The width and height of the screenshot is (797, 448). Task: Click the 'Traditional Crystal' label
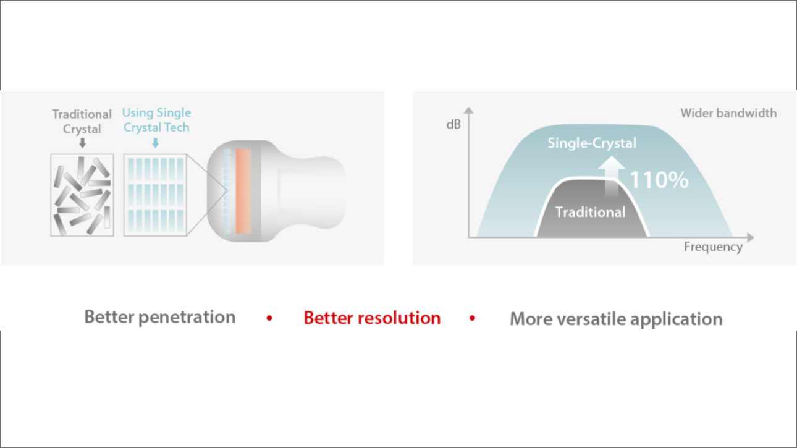pos(82,121)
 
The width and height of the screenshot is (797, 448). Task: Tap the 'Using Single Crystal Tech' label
pos(156,120)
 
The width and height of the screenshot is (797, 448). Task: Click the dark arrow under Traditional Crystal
pos(83,143)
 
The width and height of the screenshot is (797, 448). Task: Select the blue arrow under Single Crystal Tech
pos(156,143)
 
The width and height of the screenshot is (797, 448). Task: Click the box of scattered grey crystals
pos(82,195)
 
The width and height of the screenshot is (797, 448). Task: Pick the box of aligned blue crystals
pos(155,195)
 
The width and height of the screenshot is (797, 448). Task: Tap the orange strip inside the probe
pos(243,191)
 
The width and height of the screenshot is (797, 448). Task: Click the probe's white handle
pos(310,191)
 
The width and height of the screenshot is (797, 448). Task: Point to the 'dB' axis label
pos(453,125)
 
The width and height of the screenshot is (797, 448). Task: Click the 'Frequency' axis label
pos(713,247)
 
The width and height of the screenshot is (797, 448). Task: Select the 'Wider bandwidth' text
pos(728,113)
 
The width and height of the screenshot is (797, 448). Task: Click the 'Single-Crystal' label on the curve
pos(592,143)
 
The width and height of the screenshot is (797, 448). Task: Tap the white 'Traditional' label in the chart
pos(590,212)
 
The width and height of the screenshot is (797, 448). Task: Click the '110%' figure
pos(659,180)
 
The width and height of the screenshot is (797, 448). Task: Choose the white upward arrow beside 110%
pos(611,176)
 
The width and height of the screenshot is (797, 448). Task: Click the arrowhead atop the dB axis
pos(469,111)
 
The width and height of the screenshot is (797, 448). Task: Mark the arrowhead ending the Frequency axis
pos(751,237)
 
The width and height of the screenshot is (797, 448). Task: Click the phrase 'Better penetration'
pos(160,317)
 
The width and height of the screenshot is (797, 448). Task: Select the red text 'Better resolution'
pos(372,318)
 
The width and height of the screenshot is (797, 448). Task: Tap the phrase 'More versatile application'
pos(616,319)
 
